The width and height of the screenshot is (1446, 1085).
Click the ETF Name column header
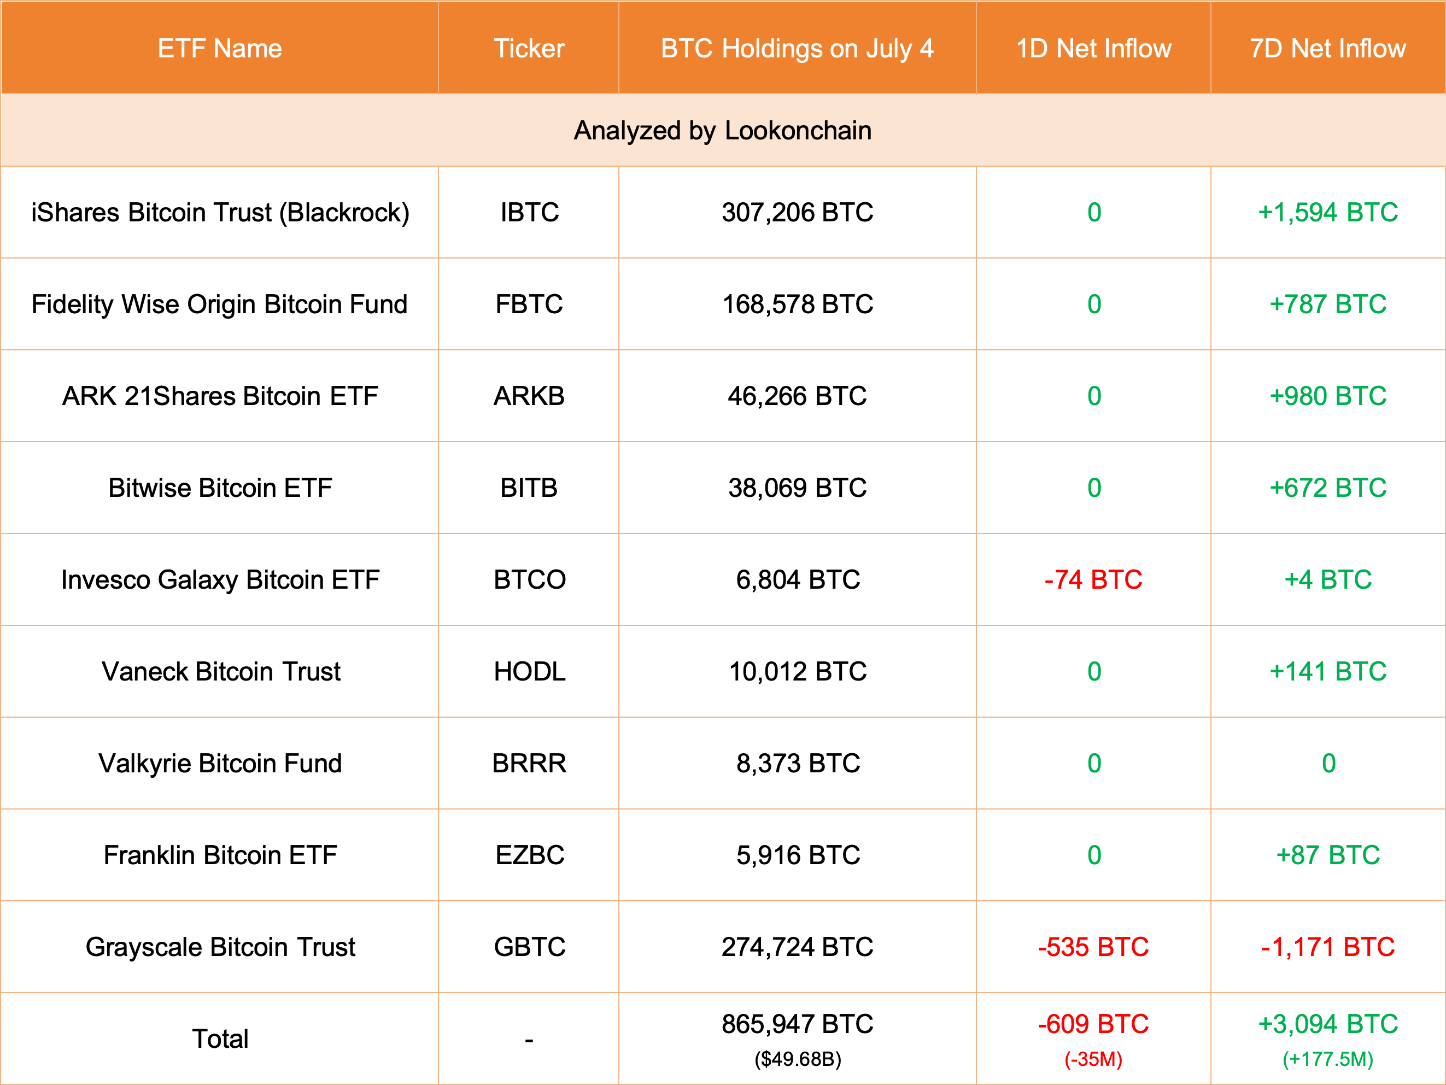click(220, 48)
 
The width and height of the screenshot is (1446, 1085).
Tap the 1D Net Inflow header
click(1093, 48)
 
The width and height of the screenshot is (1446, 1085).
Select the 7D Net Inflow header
click(1328, 48)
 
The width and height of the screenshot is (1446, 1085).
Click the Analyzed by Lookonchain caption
click(722, 131)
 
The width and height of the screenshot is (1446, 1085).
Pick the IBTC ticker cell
click(529, 213)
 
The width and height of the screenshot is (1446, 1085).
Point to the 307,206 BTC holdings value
click(797, 213)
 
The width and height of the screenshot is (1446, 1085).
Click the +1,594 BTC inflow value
click(1328, 213)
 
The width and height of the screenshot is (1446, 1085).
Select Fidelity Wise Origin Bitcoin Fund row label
click(220, 304)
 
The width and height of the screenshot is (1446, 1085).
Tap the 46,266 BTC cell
click(797, 396)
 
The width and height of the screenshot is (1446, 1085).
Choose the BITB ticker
click(529, 488)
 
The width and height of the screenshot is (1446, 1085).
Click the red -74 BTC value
click(1093, 580)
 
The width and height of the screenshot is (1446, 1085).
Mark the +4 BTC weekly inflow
click(1328, 580)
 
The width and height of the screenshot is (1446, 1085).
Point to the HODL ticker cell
click(529, 672)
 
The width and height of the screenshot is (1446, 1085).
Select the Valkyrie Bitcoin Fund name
click(220, 764)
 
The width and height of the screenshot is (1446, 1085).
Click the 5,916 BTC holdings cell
click(798, 855)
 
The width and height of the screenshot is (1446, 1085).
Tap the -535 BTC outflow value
click(1093, 947)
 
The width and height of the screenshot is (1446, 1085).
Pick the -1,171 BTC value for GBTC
click(1328, 947)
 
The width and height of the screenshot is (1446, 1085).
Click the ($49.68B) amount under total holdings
click(798, 1059)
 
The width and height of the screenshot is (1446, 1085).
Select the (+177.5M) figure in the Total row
click(1328, 1059)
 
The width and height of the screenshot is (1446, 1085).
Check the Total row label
click(220, 1039)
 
